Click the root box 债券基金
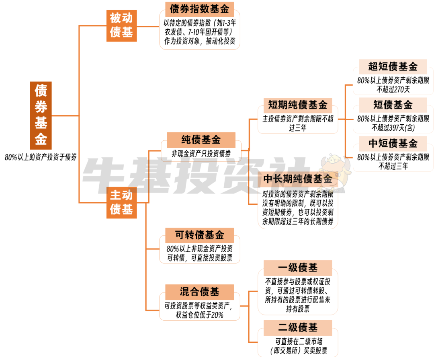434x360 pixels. click(41, 115)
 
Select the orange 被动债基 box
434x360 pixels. click(121, 26)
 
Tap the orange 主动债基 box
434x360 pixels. click(121, 203)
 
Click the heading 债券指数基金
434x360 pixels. click(199, 9)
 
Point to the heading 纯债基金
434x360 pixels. click(201, 140)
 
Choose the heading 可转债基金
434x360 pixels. click(199, 235)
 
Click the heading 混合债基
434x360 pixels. click(199, 292)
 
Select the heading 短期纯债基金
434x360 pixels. click(297, 105)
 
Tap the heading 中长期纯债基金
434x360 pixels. click(297, 179)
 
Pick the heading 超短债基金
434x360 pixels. click(393, 66)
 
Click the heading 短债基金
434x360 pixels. click(393, 105)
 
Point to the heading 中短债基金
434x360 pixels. click(393, 143)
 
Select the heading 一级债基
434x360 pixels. click(297, 268)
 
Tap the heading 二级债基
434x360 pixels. click(297, 327)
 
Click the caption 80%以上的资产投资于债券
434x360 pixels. click(41, 157)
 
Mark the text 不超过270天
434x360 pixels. click(393, 89)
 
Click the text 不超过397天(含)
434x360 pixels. click(393, 128)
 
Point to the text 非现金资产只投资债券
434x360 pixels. click(201, 153)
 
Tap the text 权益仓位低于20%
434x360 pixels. click(199, 315)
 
